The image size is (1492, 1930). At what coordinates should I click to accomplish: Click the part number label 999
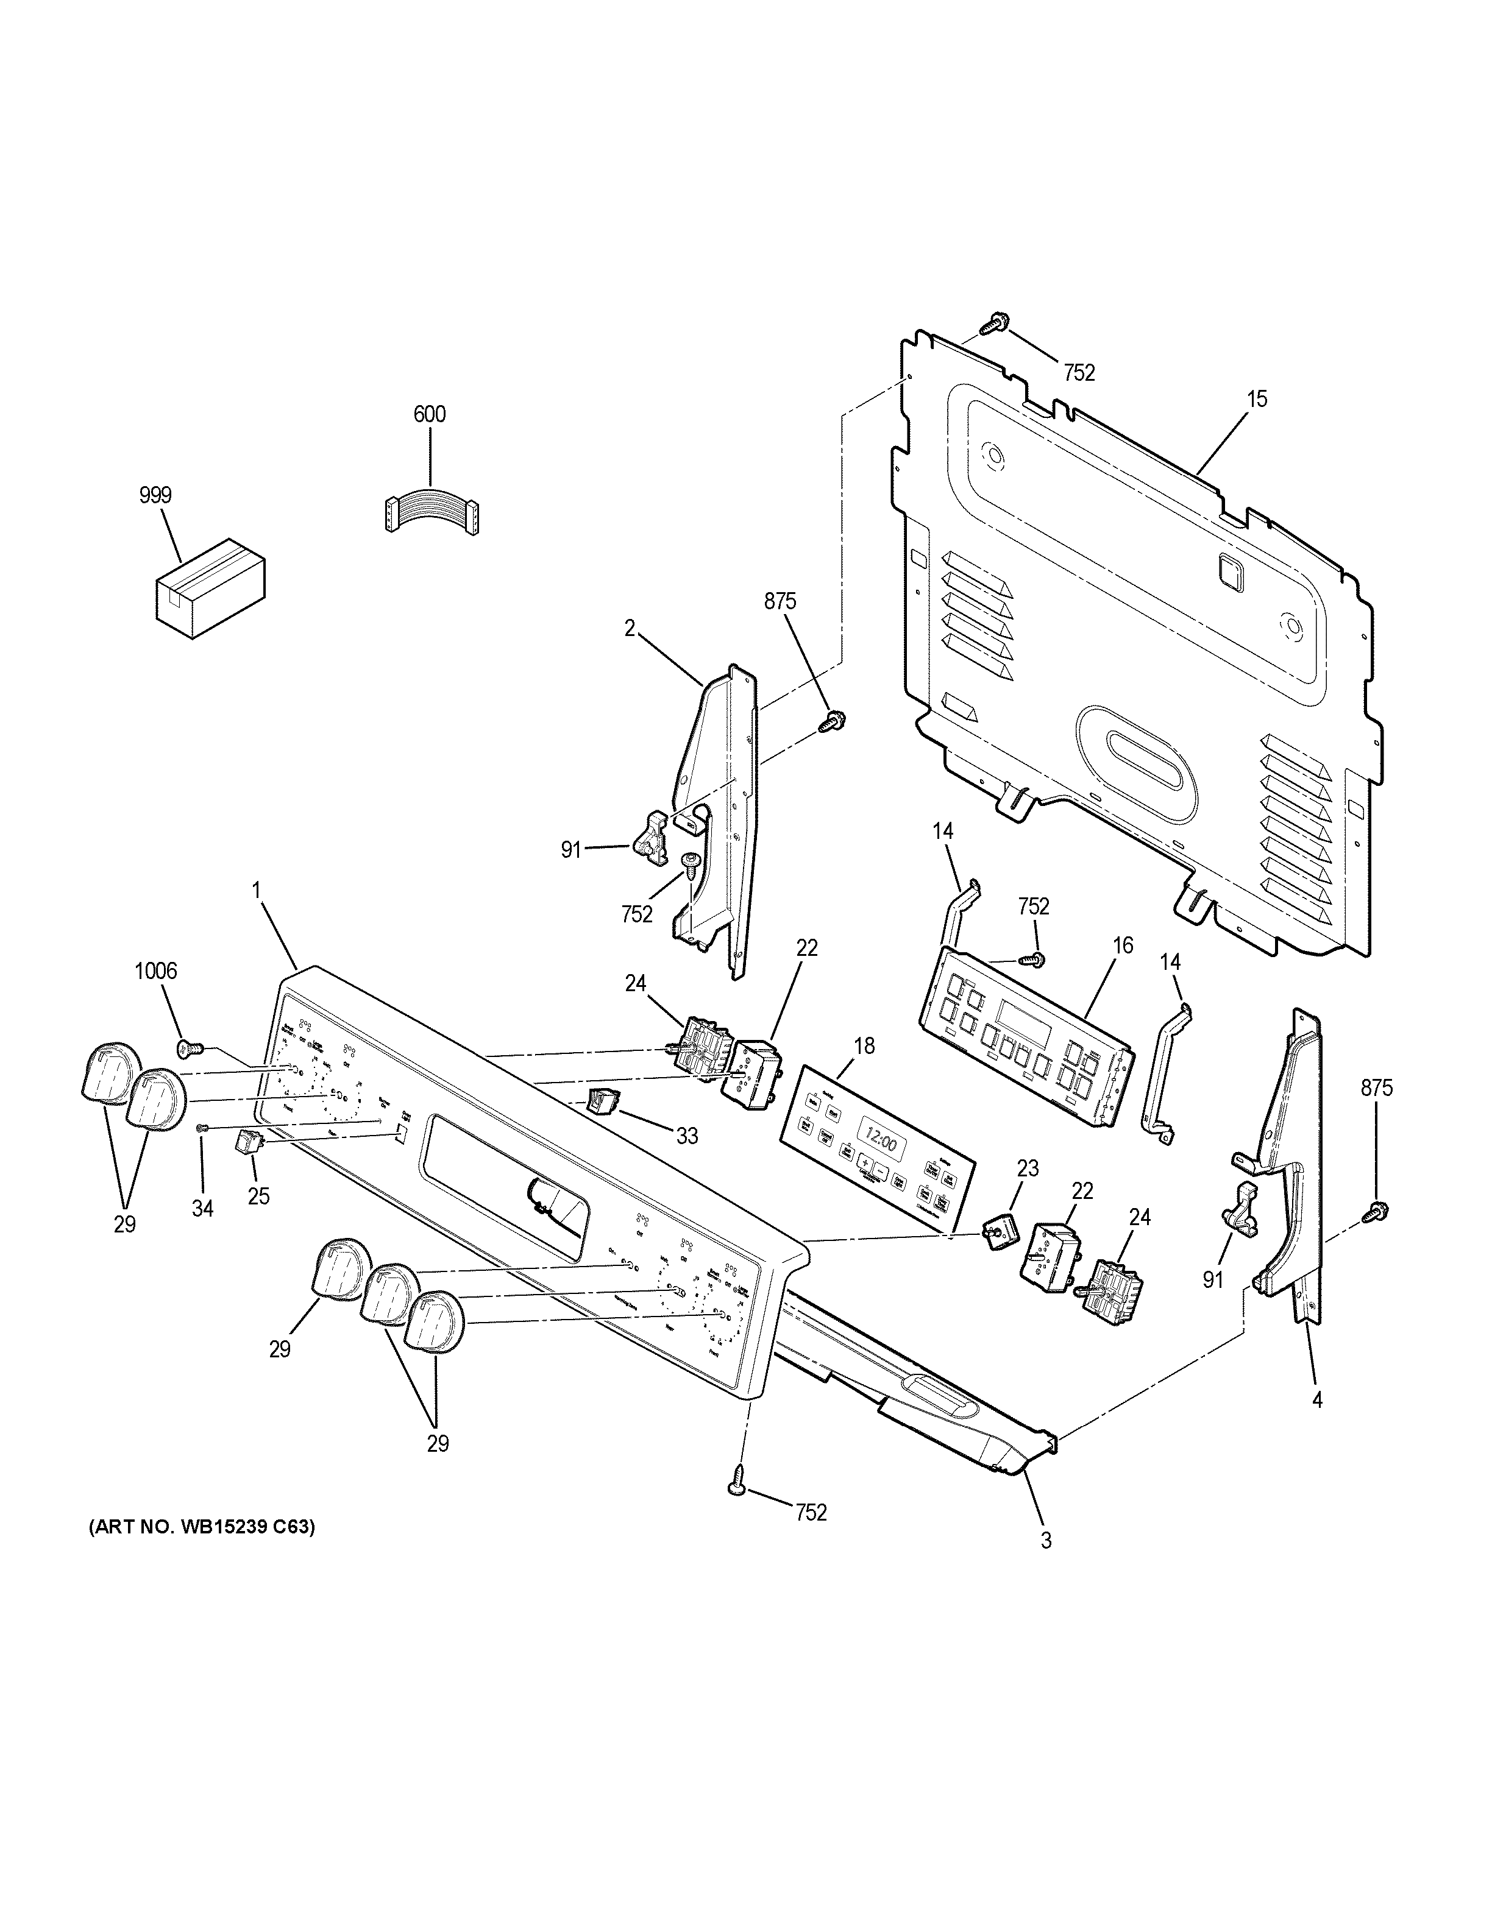[155, 496]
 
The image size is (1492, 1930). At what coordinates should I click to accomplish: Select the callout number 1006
[155, 971]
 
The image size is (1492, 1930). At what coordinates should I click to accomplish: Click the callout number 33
[687, 1136]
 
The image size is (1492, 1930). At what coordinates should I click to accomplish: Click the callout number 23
[1027, 1168]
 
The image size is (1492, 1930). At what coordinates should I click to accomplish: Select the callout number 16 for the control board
[1123, 946]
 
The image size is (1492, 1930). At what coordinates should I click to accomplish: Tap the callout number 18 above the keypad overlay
[864, 1046]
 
